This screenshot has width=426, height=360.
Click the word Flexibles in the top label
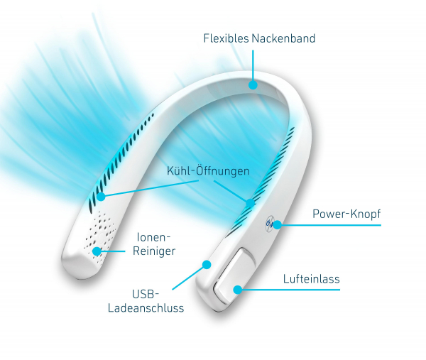(x=226, y=38)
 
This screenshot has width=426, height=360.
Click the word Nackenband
(x=283, y=38)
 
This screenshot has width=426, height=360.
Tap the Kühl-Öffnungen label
(x=208, y=171)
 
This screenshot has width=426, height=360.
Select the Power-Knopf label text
(x=346, y=214)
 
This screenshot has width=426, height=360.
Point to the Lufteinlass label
(x=312, y=279)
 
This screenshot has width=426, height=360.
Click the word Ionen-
(x=153, y=237)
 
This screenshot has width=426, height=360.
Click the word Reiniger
(x=154, y=251)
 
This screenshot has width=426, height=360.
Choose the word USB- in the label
(x=146, y=294)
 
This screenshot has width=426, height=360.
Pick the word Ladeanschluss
(x=146, y=308)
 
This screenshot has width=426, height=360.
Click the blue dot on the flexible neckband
(x=253, y=84)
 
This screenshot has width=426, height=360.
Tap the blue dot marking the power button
(x=277, y=224)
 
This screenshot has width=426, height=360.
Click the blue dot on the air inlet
(x=238, y=290)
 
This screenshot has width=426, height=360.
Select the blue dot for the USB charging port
(x=207, y=264)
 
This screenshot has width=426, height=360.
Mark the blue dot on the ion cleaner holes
(x=97, y=251)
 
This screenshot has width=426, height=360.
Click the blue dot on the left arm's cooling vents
(x=101, y=197)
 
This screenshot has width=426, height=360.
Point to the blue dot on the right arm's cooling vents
(x=250, y=203)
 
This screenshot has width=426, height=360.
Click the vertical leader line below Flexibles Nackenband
(x=253, y=65)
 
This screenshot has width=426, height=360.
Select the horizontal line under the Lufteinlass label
(x=290, y=290)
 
